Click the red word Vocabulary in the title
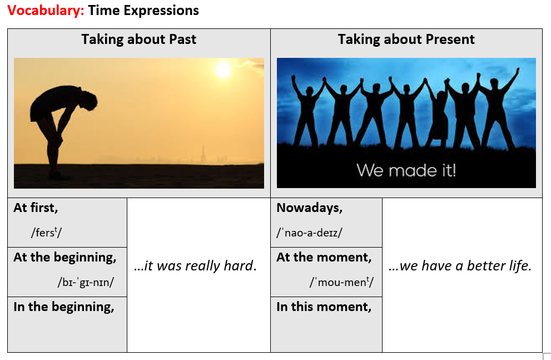(46, 11)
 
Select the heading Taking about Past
(139, 39)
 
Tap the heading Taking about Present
(406, 39)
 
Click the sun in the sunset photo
(223, 69)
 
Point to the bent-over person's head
(88, 101)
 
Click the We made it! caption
(406, 170)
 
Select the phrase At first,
(36, 208)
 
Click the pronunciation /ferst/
(46, 233)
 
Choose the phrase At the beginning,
(65, 258)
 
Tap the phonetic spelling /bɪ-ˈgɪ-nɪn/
(86, 282)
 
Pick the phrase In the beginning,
(64, 307)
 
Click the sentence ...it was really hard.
(195, 266)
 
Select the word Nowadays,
(309, 208)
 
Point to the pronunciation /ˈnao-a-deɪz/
(309, 233)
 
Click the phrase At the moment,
(324, 258)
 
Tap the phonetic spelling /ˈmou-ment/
(341, 282)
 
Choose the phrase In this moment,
(324, 307)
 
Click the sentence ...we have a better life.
(460, 266)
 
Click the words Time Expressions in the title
(143, 11)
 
